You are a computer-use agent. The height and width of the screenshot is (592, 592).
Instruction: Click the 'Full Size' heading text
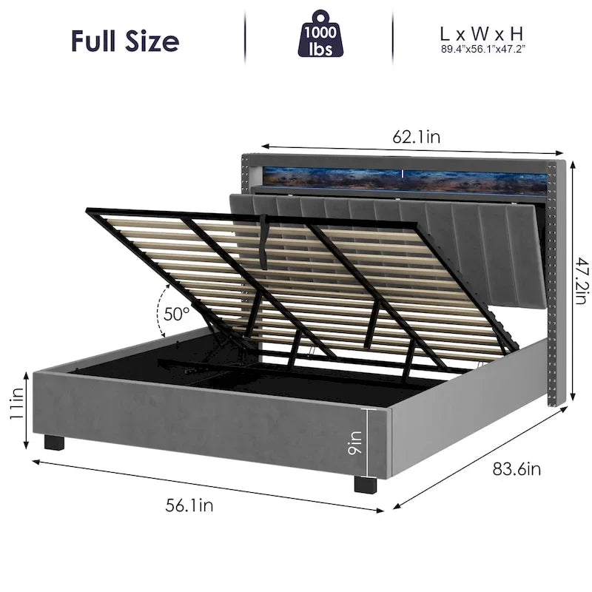pyautogui.click(x=125, y=41)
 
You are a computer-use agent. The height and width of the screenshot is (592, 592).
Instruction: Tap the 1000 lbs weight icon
pyautogui.click(x=320, y=34)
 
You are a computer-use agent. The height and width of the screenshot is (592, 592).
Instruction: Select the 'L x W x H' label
pyautogui.click(x=482, y=34)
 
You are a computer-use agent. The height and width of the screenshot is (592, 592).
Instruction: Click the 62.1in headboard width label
pyautogui.click(x=417, y=137)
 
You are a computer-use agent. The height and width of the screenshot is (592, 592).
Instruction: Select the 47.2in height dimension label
pyautogui.click(x=582, y=280)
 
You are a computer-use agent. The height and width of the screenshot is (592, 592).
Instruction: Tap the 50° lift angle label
pyautogui.click(x=176, y=313)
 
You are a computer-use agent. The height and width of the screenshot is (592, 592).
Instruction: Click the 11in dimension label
pyautogui.click(x=16, y=403)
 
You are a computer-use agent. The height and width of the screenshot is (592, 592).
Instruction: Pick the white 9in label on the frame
pyautogui.click(x=355, y=443)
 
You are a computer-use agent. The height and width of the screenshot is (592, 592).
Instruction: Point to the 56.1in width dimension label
pyautogui.click(x=189, y=505)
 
